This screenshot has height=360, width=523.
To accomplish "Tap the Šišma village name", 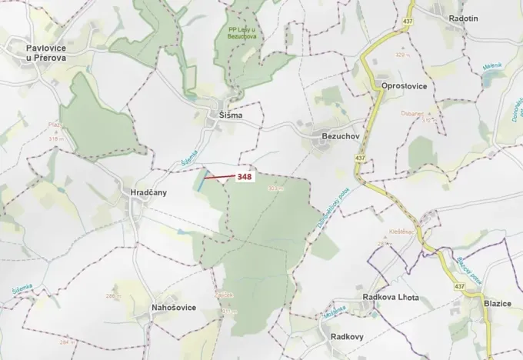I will [x=226, y=115].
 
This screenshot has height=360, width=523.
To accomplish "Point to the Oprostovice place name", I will [x=404, y=86].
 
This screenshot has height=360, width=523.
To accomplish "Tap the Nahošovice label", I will [x=174, y=307].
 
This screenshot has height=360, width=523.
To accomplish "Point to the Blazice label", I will [x=498, y=304].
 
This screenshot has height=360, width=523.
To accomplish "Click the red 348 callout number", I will [x=245, y=177].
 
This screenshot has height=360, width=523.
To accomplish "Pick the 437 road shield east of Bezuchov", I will [x=360, y=158].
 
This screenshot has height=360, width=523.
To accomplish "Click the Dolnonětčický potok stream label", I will [x=332, y=207].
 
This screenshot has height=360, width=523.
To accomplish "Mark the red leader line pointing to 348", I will [x=220, y=178].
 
